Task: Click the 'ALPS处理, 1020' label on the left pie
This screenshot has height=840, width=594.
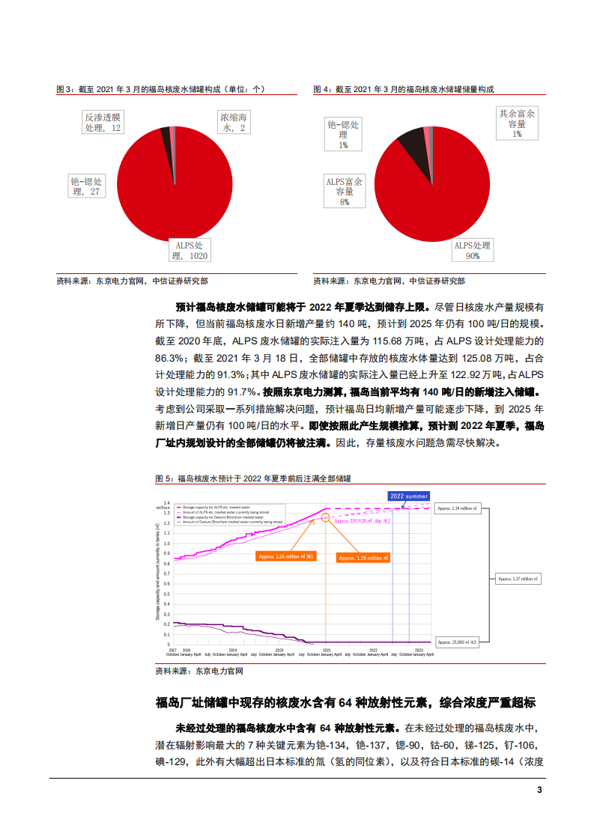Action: [x=190, y=250]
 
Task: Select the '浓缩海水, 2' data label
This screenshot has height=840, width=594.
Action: [x=233, y=123]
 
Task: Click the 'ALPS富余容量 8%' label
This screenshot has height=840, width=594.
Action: [x=344, y=192]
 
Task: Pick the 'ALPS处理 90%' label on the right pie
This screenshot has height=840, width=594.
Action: [x=472, y=250]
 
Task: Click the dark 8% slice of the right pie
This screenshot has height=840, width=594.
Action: [x=411, y=142]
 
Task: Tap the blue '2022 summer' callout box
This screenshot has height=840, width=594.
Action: [x=409, y=496]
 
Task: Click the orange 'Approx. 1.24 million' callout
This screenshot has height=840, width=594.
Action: [x=285, y=556]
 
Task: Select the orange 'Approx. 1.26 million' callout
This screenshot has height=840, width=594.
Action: [x=363, y=558]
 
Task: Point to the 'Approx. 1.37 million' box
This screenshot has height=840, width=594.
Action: [x=519, y=579]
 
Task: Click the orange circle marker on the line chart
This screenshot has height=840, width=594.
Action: [x=326, y=517]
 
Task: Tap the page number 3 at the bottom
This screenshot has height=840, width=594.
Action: [x=539, y=791]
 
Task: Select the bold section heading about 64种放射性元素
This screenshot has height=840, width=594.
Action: [x=345, y=703]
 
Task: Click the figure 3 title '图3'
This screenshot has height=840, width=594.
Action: [x=160, y=89]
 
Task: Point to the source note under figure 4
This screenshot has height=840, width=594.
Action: [x=388, y=281]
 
